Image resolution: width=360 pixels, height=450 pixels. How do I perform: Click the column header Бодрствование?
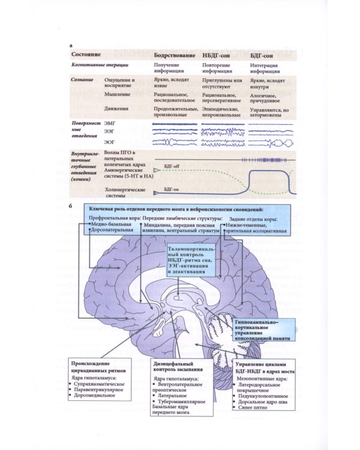click(175, 56)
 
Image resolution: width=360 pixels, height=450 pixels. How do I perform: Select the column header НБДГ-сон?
click(219, 56)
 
